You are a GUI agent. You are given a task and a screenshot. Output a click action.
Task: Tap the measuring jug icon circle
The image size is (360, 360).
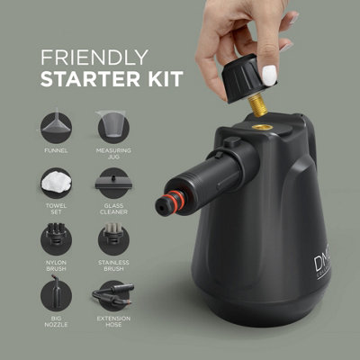click(112, 126)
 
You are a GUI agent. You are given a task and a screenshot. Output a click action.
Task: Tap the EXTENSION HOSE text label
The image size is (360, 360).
click(112, 324)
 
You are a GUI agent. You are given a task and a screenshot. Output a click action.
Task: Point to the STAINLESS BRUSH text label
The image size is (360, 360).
click(112, 268)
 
